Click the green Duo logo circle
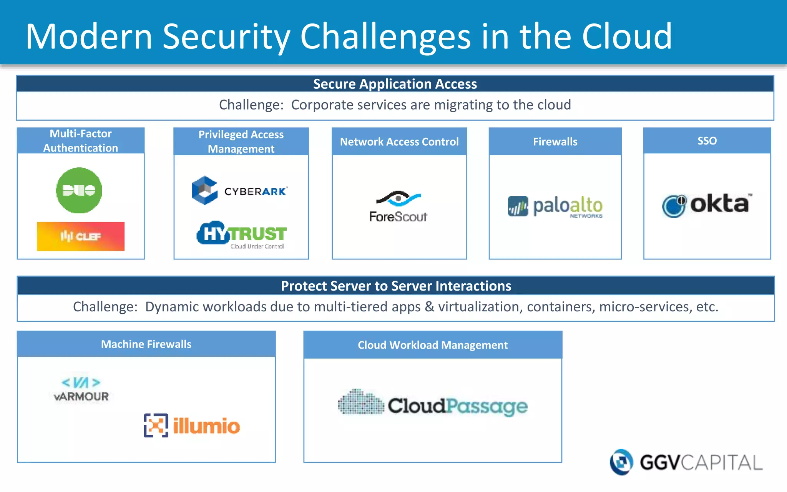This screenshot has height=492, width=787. click(79, 190)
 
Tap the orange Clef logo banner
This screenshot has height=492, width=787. click(81, 236)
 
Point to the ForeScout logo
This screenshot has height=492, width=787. click(398, 207)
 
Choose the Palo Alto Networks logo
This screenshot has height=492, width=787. click(555, 207)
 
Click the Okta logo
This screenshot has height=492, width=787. click(706, 204)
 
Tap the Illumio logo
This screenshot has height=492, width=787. click(192, 426)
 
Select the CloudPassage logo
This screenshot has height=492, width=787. click(433, 405)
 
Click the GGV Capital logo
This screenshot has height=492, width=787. click(686, 462)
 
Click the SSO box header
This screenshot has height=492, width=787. click(707, 141)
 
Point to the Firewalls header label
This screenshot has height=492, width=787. click(555, 142)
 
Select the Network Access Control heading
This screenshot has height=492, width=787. click(399, 142)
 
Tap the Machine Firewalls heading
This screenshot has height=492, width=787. click(146, 344)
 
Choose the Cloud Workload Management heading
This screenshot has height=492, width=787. click(433, 345)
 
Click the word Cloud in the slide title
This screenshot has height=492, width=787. click(627, 36)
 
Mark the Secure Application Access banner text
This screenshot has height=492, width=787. click(395, 84)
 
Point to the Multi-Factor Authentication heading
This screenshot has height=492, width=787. click(81, 141)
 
